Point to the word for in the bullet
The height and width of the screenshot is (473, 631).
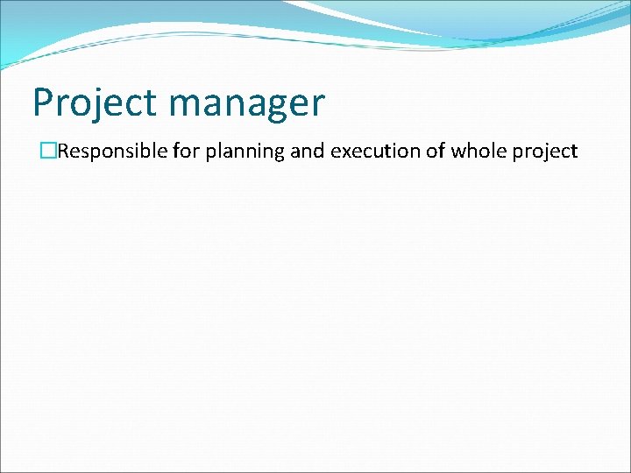click(x=186, y=152)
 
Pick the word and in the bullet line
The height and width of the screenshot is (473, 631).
click(x=307, y=152)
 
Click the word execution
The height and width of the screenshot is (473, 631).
click(x=370, y=152)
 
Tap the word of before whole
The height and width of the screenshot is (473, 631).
click(x=429, y=152)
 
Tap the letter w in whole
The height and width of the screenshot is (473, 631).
click(x=458, y=152)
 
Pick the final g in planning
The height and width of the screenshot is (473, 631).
click(x=279, y=154)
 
